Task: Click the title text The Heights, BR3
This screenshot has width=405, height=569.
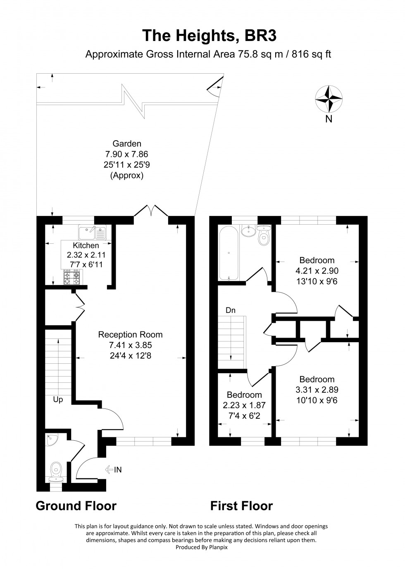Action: click(209, 36)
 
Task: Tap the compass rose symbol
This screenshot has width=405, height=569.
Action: click(329, 99)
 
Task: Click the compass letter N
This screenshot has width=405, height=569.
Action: click(329, 119)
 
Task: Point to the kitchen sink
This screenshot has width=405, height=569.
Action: click(93, 232)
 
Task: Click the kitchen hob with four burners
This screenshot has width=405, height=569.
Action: click(71, 277)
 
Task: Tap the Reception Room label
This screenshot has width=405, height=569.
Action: click(130, 334)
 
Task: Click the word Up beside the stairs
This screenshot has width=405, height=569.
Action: click(58, 400)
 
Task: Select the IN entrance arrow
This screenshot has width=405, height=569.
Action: click(114, 469)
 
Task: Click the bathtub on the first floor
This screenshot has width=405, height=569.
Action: click(228, 253)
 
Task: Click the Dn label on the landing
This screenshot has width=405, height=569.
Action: click(231, 310)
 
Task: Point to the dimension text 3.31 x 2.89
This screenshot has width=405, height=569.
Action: click(317, 390)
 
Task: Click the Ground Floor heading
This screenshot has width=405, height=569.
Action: click(76, 506)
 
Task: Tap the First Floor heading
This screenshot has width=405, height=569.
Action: click(241, 506)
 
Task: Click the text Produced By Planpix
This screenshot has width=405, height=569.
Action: click(202, 547)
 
